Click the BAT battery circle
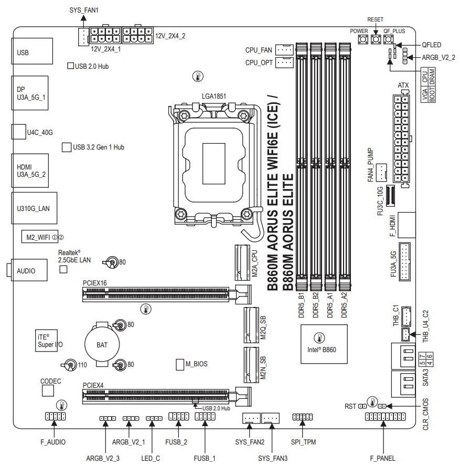point(103,345)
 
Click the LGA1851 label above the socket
point(213,97)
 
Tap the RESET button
point(376,40)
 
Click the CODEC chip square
point(48,390)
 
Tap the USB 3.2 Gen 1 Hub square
point(67,147)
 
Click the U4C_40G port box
point(18,132)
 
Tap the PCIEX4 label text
point(93,385)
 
